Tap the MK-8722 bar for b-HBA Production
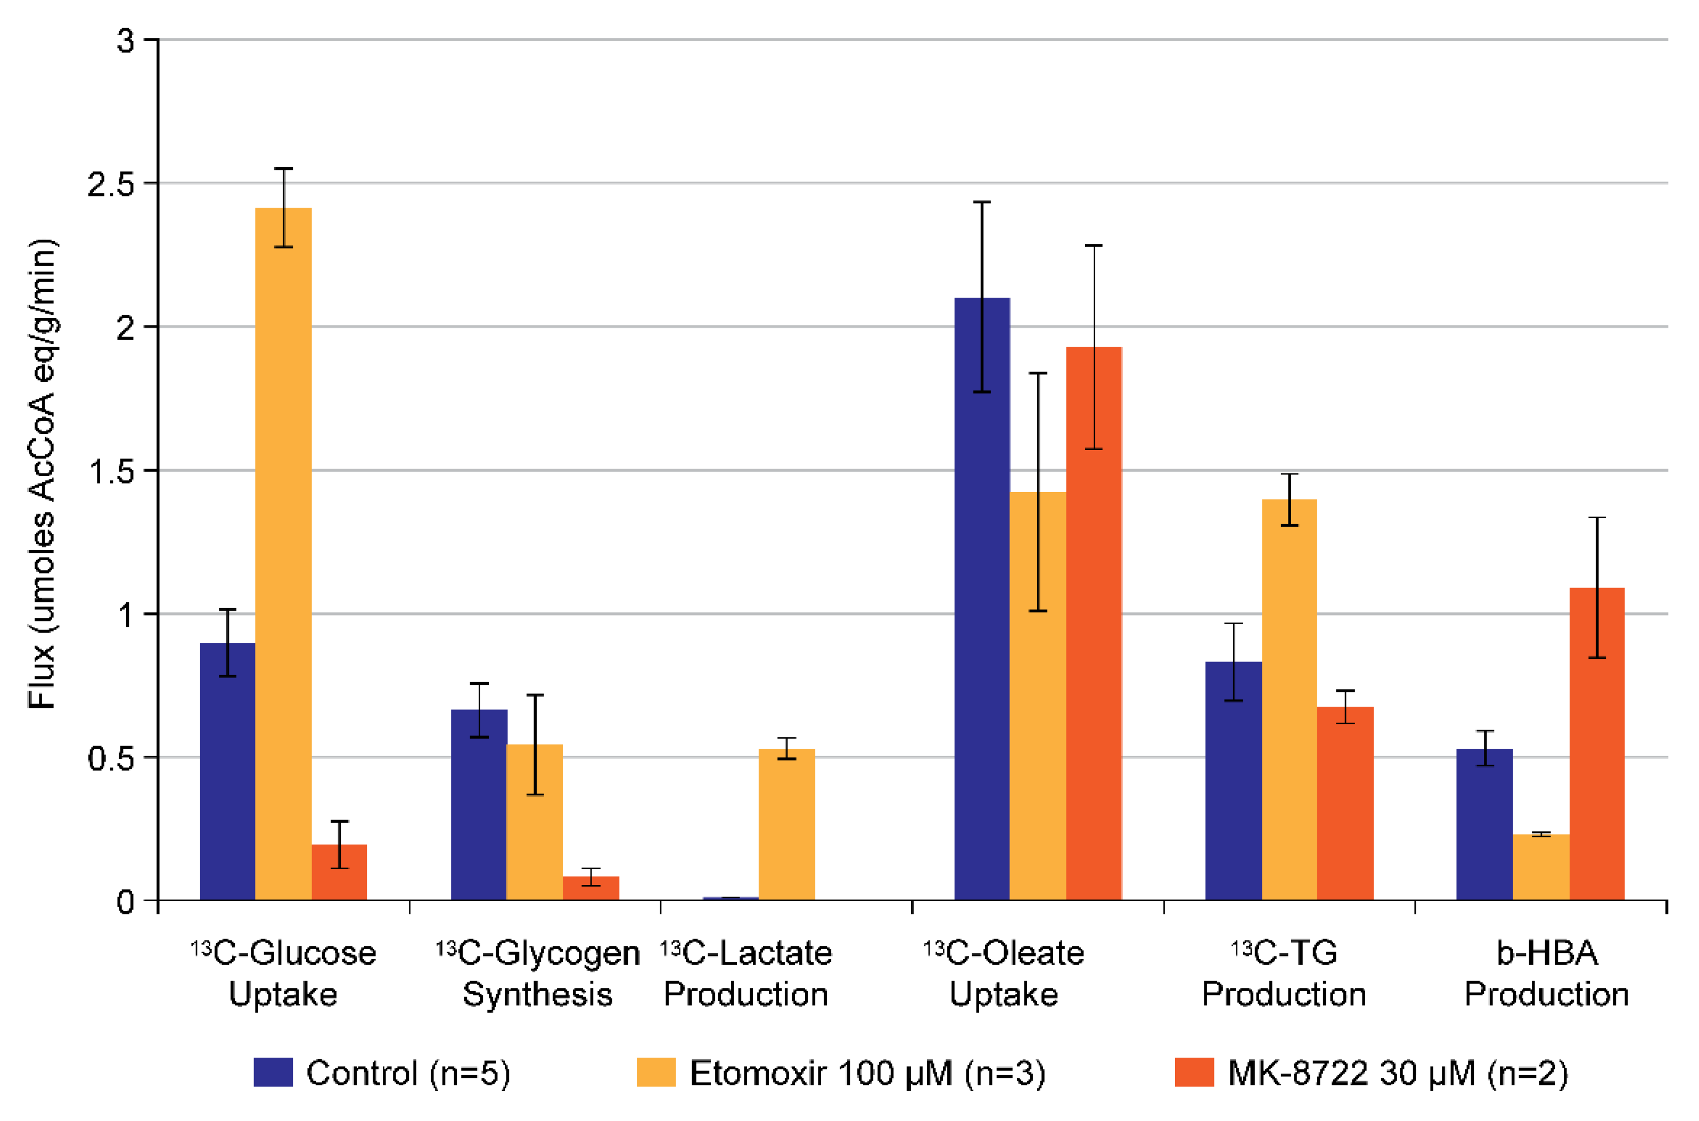tap(1597, 743)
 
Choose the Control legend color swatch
tap(273, 1073)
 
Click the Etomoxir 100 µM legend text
tap(867, 1073)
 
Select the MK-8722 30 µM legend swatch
tap(1194, 1073)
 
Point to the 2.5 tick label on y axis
tap(111, 184)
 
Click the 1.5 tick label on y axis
tap(111, 472)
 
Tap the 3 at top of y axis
tap(126, 41)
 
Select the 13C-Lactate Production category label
tap(746, 973)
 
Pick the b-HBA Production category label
tap(1547, 973)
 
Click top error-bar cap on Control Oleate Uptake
tap(982, 202)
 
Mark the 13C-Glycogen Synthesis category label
tap(538, 973)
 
